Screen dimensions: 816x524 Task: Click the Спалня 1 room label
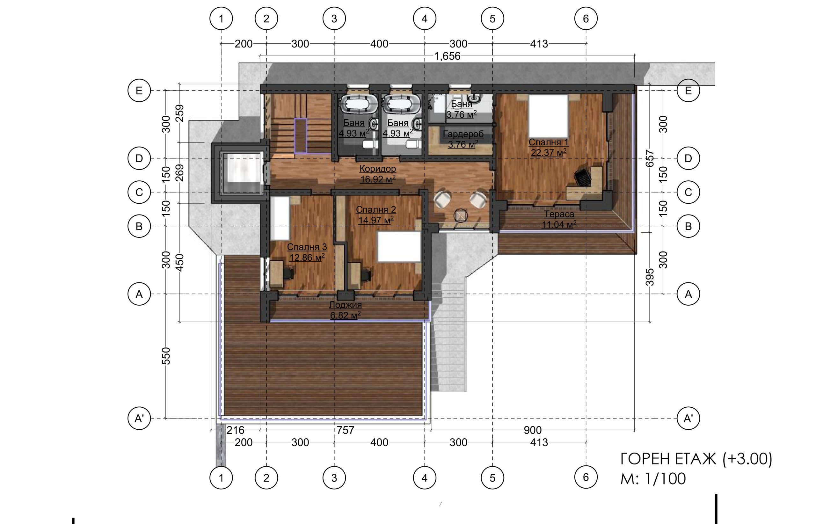[x=548, y=142]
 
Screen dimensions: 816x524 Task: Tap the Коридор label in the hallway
[x=378, y=168]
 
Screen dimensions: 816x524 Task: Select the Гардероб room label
[x=463, y=134]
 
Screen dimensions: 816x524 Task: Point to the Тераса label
[x=559, y=214]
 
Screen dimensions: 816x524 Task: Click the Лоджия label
[x=346, y=305]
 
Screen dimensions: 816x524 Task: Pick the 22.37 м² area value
[x=549, y=152]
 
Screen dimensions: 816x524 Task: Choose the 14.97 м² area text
[x=376, y=220]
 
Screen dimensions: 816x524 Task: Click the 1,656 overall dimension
[x=447, y=56]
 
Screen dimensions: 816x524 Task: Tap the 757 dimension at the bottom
[x=346, y=430]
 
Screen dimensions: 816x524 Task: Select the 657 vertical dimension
[x=650, y=158]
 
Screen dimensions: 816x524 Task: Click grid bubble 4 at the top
[x=424, y=18]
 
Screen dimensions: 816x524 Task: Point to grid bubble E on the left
[x=139, y=91]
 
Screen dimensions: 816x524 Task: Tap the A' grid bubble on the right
[x=688, y=418]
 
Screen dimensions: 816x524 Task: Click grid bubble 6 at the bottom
[x=586, y=477]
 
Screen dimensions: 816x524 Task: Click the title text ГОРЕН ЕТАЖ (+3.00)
[x=696, y=459]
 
